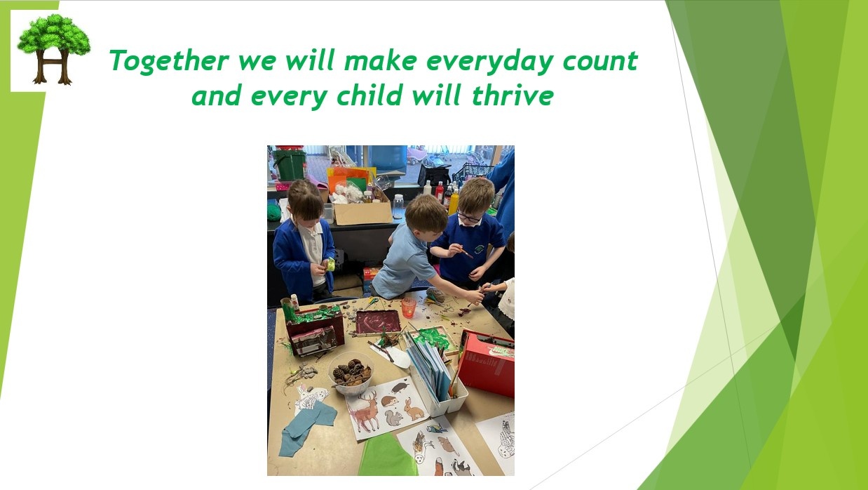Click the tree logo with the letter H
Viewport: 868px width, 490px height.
pyautogui.click(x=54, y=49)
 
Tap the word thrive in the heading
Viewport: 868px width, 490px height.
pyautogui.click(x=513, y=95)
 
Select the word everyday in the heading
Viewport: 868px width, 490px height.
pyautogui.click(x=489, y=62)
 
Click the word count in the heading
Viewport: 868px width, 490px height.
pyautogui.click(x=600, y=61)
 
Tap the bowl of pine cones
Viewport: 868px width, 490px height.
pyautogui.click(x=351, y=373)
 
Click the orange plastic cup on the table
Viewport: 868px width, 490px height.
pyautogui.click(x=409, y=307)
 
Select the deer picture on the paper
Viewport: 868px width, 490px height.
pyautogui.click(x=365, y=412)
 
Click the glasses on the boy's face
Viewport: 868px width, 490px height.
pyautogui.click(x=468, y=217)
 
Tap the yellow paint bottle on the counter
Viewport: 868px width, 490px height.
pyautogui.click(x=454, y=201)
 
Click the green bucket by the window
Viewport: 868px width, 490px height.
pyautogui.click(x=289, y=164)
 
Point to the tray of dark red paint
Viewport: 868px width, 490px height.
pyautogui.click(x=378, y=322)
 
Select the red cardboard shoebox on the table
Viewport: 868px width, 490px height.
pyautogui.click(x=488, y=362)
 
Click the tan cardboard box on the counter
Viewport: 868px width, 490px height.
pyautogui.click(x=363, y=212)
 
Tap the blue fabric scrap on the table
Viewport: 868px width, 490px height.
pyautogui.click(x=307, y=428)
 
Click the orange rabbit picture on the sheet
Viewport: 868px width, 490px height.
pyautogui.click(x=413, y=409)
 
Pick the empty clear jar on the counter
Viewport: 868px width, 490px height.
pyautogui.click(x=398, y=206)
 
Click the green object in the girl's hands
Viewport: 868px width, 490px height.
pyautogui.click(x=330, y=264)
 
